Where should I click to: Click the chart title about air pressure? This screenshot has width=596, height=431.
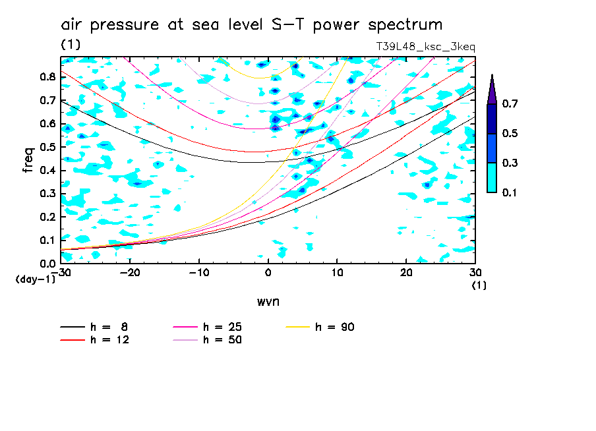click(251, 25)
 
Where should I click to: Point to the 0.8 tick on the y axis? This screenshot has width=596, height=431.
click(47, 76)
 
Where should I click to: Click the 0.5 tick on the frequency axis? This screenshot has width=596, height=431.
click(47, 147)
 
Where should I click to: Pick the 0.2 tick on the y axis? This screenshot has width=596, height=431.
click(47, 217)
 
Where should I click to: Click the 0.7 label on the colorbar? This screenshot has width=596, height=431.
click(510, 104)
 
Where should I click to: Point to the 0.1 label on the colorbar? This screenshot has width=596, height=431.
click(510, 192)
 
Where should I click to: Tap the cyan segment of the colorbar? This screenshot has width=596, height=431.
click(492, 177)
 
